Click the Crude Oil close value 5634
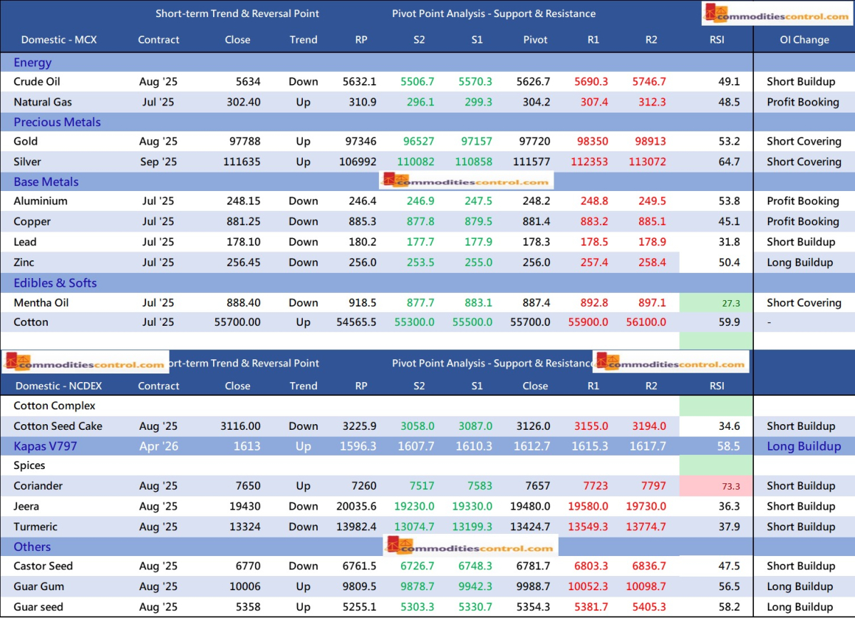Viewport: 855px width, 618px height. coord(249,81)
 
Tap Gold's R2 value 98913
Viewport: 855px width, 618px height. coord(650,141)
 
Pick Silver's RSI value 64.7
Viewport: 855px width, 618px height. coord(729,162)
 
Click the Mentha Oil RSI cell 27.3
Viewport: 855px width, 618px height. coord(731,303)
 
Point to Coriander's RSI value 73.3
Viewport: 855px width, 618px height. coord(731,486)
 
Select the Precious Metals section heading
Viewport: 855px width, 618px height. coord(57,122)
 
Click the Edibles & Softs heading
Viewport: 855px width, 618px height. coord(55,283)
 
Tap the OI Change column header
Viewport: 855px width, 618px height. coord(804,40)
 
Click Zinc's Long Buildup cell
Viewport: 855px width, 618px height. coord(799,262)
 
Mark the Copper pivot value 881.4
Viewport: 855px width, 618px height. coord(535,222)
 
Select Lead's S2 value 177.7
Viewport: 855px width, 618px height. coord(419,242)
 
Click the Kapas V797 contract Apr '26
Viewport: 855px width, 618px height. coord(158,446)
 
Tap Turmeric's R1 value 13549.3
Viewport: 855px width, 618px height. coord(592,527)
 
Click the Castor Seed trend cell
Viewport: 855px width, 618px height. coord(304,566)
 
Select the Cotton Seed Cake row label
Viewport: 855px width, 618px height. coord(58,426)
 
